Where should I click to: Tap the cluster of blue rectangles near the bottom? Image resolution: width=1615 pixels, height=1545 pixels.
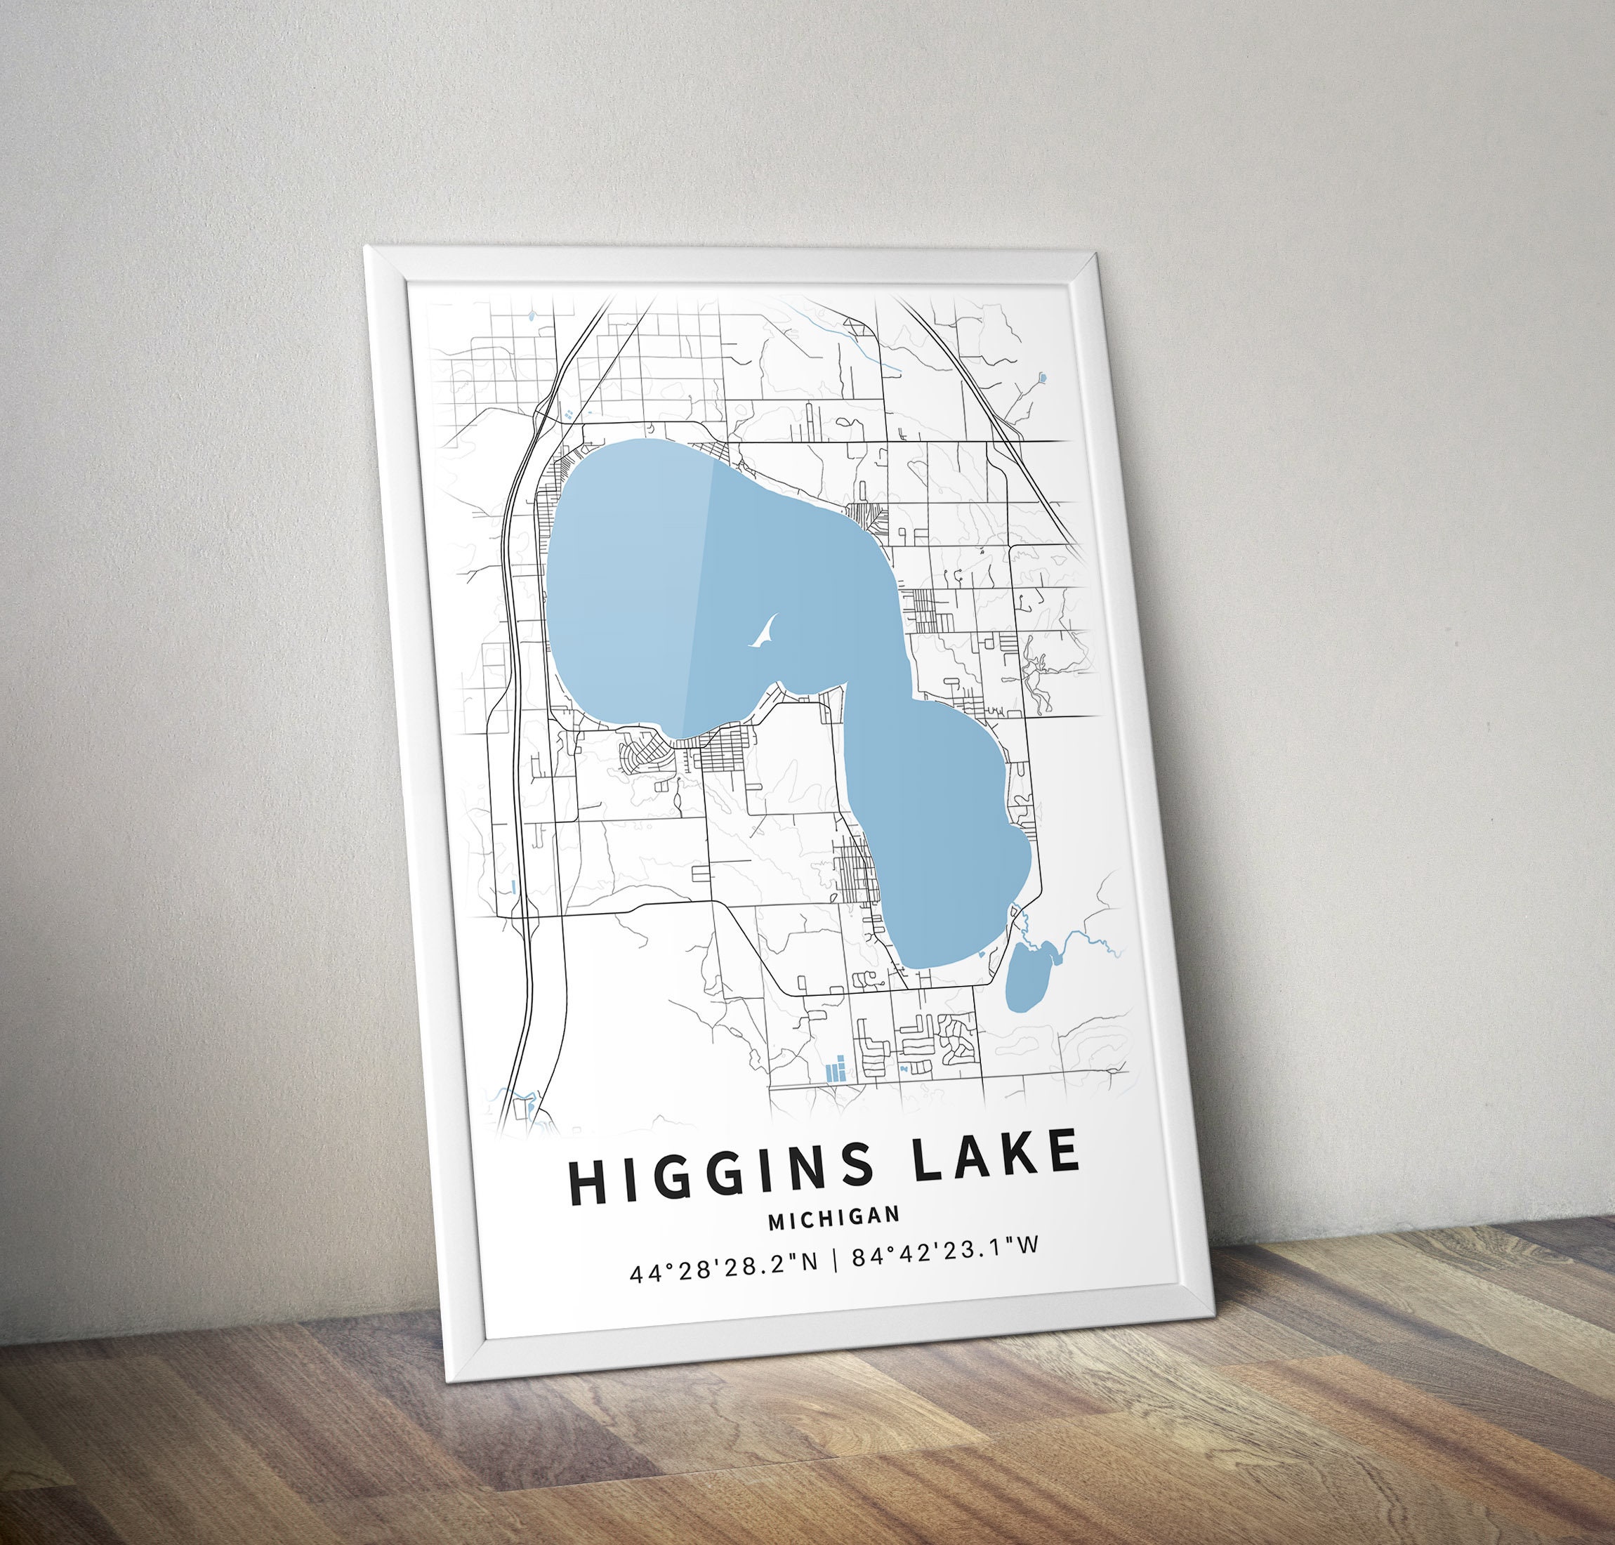836,1069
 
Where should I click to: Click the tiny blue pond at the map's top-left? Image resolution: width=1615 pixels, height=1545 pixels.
532,314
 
